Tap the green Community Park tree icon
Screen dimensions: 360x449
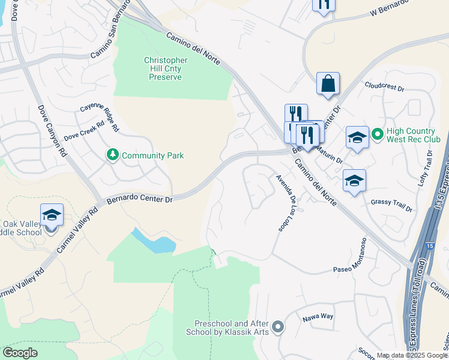pos(112,155)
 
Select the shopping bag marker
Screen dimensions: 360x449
pos(328,84)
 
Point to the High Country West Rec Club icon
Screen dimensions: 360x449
pos(377,133)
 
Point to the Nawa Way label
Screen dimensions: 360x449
pos(318,316)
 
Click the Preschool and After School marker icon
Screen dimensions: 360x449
pos(277,328)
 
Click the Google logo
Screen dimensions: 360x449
pos(20,353)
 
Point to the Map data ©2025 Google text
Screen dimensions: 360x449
pos(412,355)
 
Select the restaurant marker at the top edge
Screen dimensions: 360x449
pos(324,5)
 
